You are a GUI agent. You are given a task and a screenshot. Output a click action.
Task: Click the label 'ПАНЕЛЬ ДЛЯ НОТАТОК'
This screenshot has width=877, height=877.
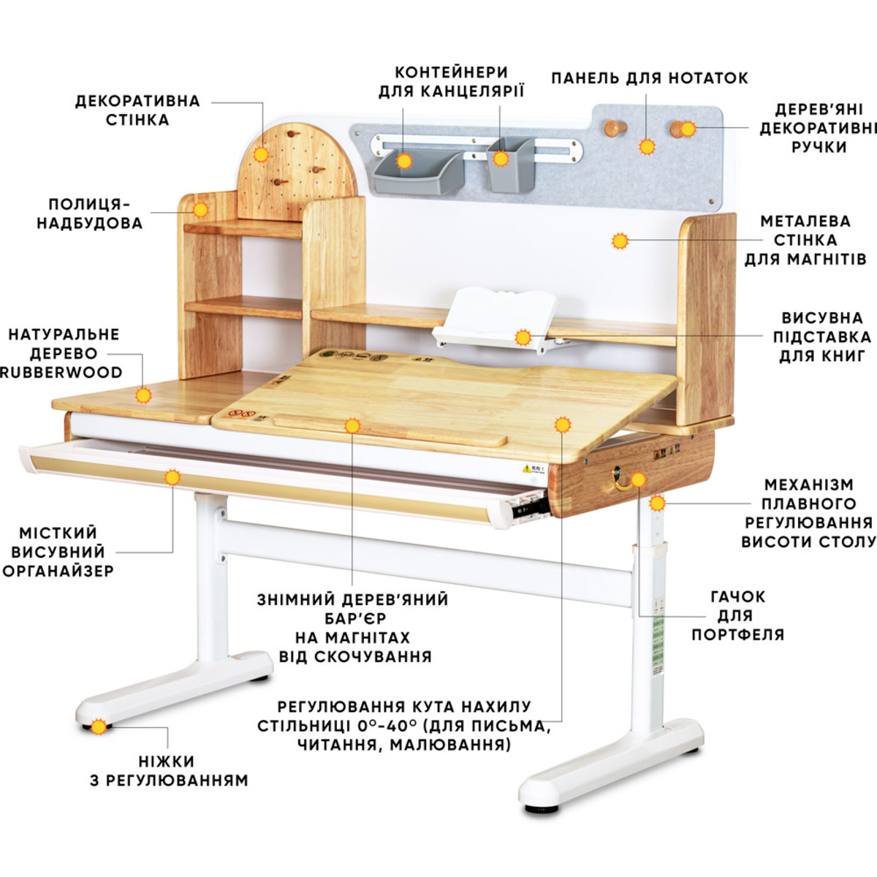pyautogui.click(x=650, y=78)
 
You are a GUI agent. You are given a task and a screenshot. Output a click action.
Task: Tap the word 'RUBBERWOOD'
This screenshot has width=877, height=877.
pyautogui.click(x=62, y=372)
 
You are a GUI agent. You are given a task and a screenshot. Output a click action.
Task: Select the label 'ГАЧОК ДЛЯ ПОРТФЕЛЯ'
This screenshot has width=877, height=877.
pyautogui.click(x=737, y=615)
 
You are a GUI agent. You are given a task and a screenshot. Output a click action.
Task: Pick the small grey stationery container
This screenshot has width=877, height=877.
pyautogui.click(x=511, y=164)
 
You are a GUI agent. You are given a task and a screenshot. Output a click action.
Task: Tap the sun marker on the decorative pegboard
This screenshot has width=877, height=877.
pyautogui.click(x=261, y=154)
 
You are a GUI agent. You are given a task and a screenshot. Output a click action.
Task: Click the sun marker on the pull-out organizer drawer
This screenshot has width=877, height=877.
pyautogui.click(x=172, y=477)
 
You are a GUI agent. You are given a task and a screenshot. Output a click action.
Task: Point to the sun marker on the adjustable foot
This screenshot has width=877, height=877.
pyautogui.click(x=99, y=726)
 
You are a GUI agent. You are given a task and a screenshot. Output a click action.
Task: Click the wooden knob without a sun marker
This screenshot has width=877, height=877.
pyautogui.click(x=613, y=129)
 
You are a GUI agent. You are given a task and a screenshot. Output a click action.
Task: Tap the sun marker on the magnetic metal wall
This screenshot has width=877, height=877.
pyautogui.click(x=620, y=241)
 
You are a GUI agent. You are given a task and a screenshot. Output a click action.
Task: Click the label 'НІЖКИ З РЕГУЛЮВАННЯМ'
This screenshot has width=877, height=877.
pyautogui.click(x=169, y=770)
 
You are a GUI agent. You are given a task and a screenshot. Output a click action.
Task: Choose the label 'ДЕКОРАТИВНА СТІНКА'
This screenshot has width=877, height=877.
pyautogui.click(x=137, y=110)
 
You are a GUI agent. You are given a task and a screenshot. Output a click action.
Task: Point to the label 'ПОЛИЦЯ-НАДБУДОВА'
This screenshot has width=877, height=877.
pyautogui.click(x=90, y=214)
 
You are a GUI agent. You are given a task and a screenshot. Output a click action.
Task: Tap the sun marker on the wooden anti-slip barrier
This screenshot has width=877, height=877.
pyautogui.click(x=352, y=426)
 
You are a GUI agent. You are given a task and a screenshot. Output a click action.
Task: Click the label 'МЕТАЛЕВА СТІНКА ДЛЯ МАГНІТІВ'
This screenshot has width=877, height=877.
pyautogui.click(x=805, y=240)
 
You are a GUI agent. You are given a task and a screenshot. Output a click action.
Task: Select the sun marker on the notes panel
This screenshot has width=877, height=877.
pyautogui.click(x=647, y=147)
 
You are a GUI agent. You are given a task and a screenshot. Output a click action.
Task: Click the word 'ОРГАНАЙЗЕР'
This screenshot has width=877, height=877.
pyautogui.click(x=58, y=571)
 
